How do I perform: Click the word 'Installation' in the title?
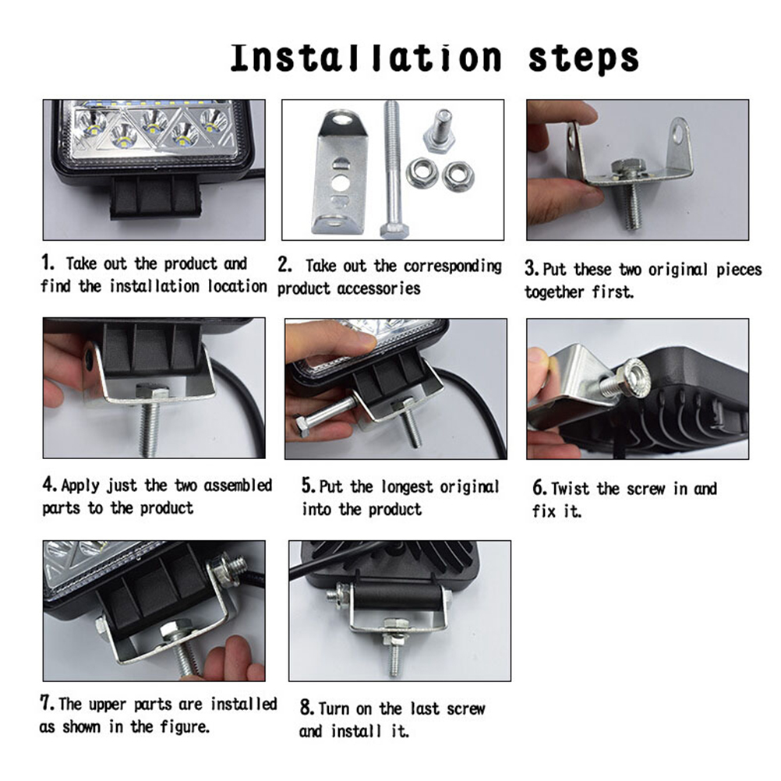tap(366, 58)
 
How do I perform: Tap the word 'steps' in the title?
tap(584, 60)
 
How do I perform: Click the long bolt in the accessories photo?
tap(393, 169)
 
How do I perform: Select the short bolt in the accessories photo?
tap(440, 130)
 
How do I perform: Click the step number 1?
tap(48, 262)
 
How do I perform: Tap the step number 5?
tap(309, 485)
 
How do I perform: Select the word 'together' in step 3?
tap(554, 292)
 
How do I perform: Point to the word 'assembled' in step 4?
tap(238, 485)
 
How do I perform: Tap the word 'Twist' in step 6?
tap(570, 489)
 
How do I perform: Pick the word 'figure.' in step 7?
tap(184, 727)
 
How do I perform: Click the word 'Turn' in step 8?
tap(334, 709)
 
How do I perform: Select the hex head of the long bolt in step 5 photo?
tap(302, 426)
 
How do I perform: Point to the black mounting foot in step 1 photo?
tap(155, 197)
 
